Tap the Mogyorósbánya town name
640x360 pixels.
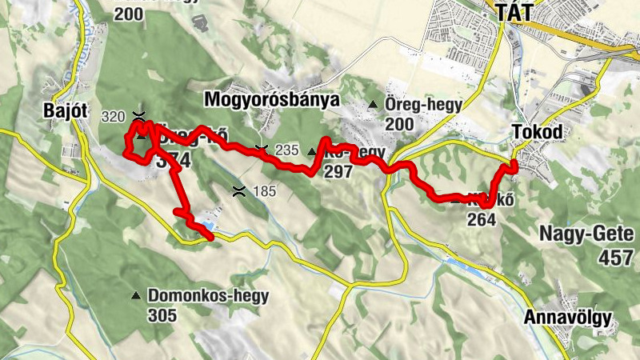(x=272, y=99)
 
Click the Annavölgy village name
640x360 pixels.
(x=568, y=318)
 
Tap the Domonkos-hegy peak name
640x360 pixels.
(x=208, y=295)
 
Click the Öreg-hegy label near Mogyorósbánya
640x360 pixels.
(x=414, y=105)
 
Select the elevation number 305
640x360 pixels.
(x=162, y=315)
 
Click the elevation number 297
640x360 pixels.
(x=339, y=171)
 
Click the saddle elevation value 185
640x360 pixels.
(x=264, y=192)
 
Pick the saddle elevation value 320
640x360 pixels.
(x=114, y=117)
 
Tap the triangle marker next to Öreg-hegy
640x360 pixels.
(x=373, y=105)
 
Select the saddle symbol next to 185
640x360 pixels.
(x=238, y=190)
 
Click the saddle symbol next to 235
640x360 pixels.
(x=261, y=148)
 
